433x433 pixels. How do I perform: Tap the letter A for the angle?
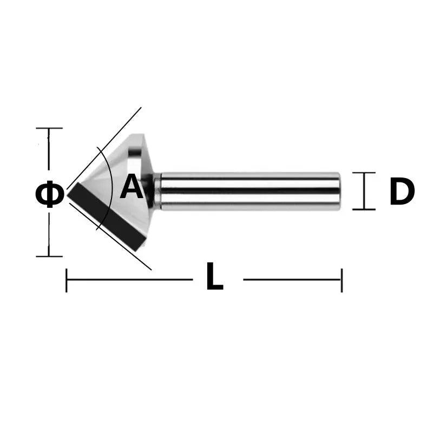click(131, 187)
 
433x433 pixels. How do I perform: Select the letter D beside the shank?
click(402, 192)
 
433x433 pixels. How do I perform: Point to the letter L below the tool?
click(214, 279)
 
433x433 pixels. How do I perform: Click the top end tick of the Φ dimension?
click(49, 128)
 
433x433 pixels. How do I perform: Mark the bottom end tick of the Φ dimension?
click(49, 256)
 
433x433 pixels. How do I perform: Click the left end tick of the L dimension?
click(66, 280)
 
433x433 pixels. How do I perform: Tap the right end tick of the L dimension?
click(342, 280)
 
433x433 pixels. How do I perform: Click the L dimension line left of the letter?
click(130, 280)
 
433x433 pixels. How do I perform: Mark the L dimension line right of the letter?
click(292, 280)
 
